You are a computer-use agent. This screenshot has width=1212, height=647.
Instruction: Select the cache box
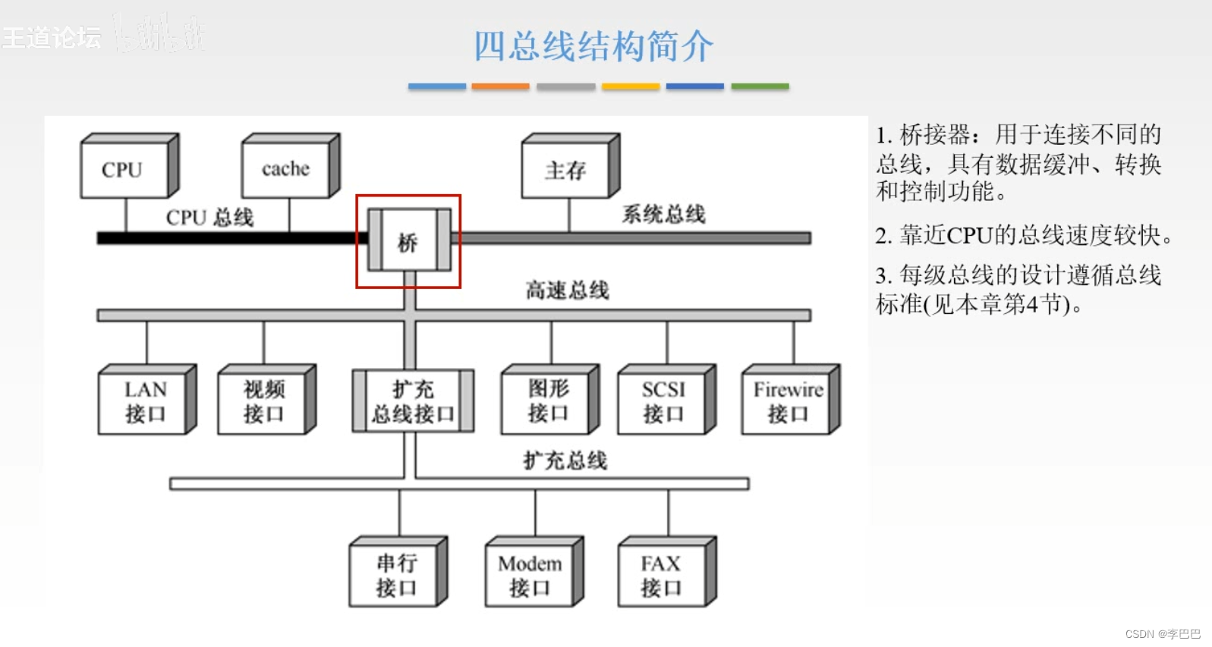point(286,169)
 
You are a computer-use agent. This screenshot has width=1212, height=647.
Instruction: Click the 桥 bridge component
point(408,241)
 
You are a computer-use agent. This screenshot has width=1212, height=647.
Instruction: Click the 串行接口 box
point(395,575)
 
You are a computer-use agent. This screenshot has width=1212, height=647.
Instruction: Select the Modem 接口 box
point(530,575)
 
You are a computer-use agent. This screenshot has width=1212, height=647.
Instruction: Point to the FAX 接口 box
point(663,575)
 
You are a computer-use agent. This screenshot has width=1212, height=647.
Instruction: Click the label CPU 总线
point(209,218)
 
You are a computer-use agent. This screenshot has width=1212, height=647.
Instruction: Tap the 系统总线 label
point(663,215)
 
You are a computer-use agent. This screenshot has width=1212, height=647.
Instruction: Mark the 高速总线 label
point(568,291)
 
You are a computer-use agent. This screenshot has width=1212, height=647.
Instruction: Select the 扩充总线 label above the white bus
point(565,460)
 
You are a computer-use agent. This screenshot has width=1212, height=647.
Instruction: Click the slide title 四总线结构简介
point(593,46)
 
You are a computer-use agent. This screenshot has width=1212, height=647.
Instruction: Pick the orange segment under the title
point(500,86)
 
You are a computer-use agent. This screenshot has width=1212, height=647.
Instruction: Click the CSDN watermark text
point(1162,634)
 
